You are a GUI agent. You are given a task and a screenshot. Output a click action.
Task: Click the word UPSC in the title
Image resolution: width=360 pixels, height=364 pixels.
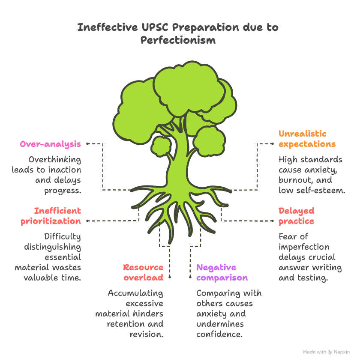coord(155,27)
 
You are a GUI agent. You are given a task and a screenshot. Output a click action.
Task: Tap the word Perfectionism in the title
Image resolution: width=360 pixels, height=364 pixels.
coord(178,40)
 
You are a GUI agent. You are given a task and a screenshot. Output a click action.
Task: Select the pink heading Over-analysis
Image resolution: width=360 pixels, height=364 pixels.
coord(51,144)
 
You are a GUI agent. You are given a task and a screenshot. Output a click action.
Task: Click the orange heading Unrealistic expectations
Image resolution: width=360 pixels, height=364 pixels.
coord(307,139)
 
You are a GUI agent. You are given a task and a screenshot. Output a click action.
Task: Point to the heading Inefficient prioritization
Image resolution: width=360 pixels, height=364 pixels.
coord(51,216)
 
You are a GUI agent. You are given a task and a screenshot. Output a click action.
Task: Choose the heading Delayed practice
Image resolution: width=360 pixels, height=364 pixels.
coord(297,216)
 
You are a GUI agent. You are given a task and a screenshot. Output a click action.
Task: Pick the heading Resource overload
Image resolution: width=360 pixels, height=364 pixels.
coord(143,272)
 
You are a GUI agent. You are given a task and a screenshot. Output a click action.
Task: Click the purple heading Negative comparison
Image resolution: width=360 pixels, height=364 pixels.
coord(222,272)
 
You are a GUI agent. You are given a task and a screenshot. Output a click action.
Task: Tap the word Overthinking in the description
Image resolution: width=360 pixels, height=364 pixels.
coord(55,160)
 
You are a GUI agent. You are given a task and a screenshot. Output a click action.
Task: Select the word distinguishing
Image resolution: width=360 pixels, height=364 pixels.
coord(53,247)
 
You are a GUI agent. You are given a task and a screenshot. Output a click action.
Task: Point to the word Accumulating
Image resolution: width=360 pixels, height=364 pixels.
coord(135,293)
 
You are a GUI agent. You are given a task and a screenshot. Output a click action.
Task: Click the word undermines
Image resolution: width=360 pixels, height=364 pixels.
coord(220,324)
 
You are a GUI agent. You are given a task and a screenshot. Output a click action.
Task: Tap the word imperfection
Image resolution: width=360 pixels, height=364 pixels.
coord(304,247)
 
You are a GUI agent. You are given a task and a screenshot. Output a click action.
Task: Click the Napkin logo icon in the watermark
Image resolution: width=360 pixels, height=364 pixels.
coord(330,352)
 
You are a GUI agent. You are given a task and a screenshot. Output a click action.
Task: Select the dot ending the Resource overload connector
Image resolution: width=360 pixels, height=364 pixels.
coord(170,277)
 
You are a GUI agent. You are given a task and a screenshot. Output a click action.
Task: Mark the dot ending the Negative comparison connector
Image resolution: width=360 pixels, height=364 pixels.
coord(190,277)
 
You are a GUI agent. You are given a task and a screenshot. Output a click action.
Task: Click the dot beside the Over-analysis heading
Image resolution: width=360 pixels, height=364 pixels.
coord(87,144)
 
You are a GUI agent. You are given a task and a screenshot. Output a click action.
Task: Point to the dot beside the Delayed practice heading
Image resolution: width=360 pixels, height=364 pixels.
coord(273,221)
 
